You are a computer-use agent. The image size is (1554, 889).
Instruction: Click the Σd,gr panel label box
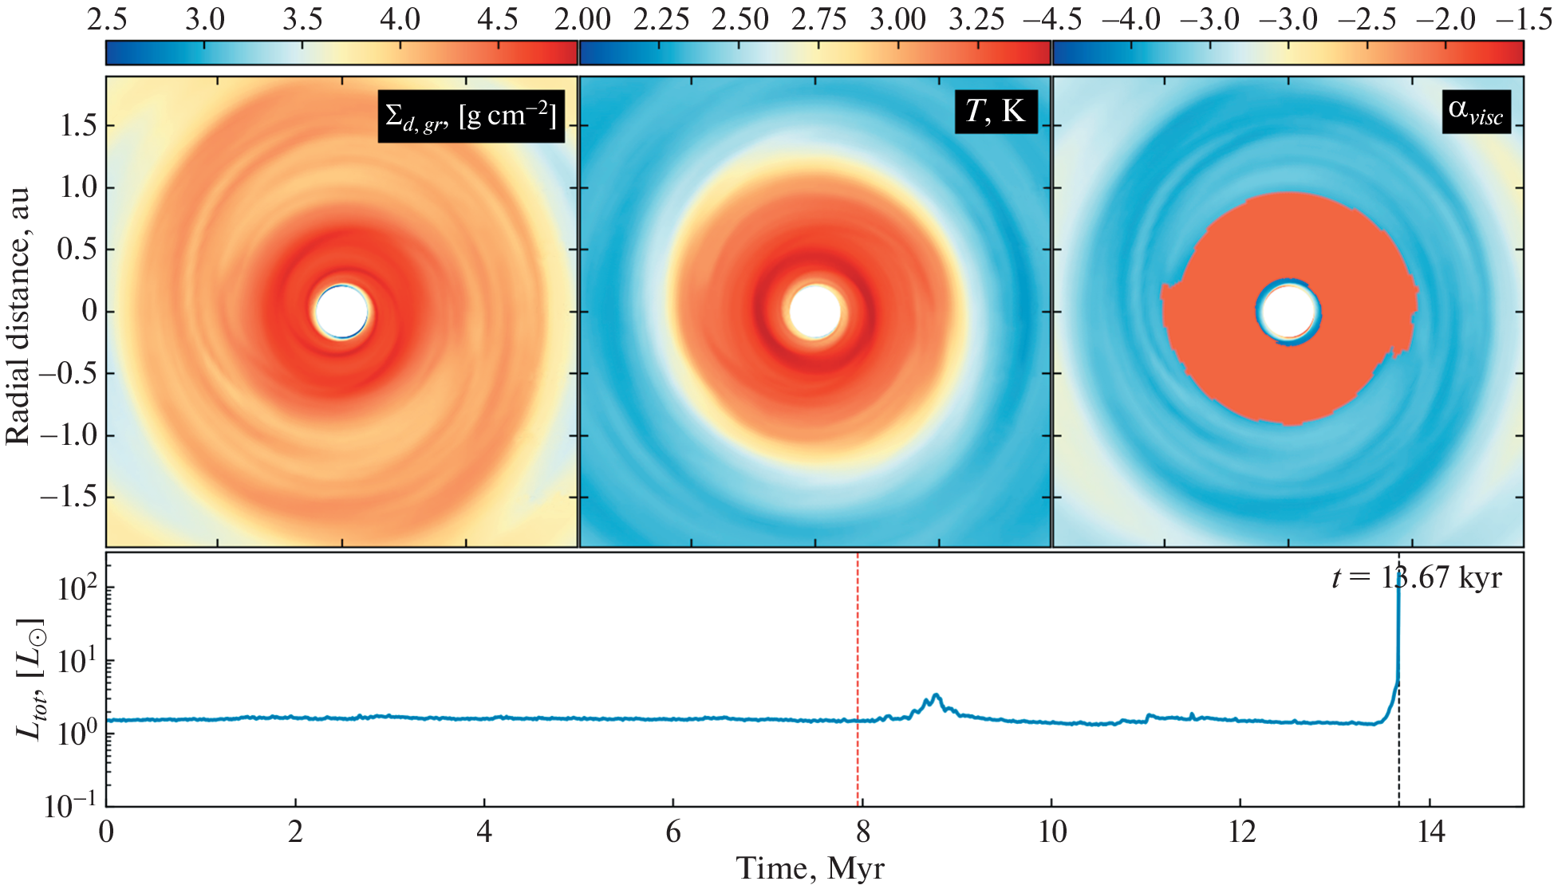[x=471, y=116]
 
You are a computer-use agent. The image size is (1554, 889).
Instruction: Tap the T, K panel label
[x=996, y=111]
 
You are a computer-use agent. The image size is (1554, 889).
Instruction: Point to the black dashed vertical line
[x=1398, y=757]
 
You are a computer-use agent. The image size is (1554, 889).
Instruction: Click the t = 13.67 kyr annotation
[x=1416, y=577]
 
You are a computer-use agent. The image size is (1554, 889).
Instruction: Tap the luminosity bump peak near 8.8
[x=936, y=696]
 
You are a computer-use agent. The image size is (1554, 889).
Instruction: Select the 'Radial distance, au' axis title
[x=18, y=316]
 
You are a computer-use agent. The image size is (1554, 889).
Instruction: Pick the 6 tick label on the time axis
[x=673, y=832]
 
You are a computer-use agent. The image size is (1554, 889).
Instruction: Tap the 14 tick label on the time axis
[x=1431, y=832]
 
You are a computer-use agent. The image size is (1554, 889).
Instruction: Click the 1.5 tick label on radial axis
[x=79, y=125]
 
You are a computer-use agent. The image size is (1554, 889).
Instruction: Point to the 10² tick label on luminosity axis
[x=77, y=588]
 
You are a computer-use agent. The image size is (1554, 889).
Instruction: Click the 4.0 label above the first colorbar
[x=400, y=19]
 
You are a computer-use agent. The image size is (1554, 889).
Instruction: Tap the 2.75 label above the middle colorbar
[x=818, y=19]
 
